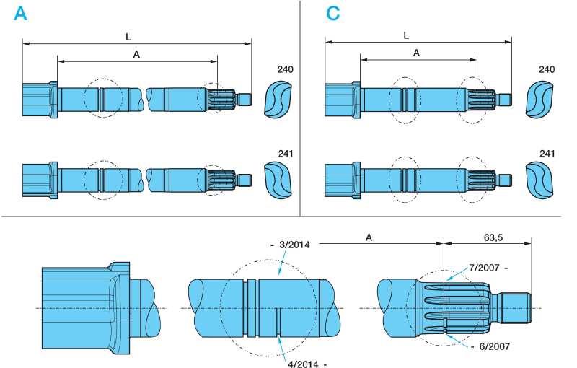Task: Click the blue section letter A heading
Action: (20, 14)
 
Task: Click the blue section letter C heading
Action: (332, 14)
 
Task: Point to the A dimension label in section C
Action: (416, 53)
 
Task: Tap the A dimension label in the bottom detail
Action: (369, 237)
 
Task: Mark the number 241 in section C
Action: (547, 154)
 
